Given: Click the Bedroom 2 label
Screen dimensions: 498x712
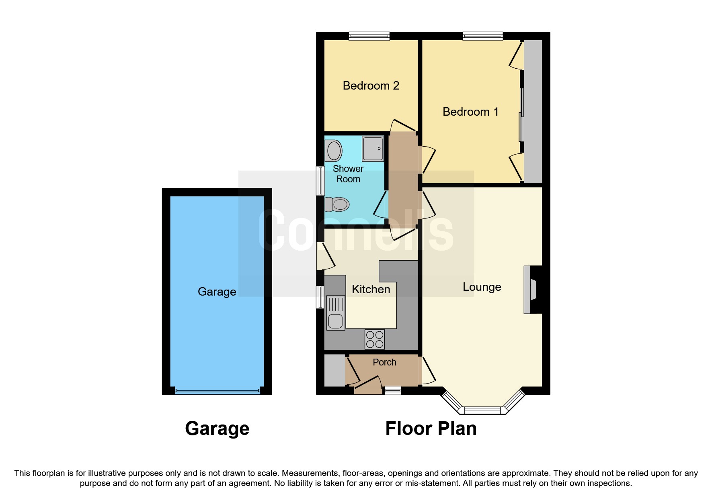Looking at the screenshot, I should coord(371,86).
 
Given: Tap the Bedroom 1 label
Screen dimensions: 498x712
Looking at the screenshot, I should coord(470,112).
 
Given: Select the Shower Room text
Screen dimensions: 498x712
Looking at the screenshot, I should coord(348,174).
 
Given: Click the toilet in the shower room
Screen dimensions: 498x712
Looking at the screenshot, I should coord(337,204).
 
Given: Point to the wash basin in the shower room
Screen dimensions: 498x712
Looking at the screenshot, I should coord(333,151).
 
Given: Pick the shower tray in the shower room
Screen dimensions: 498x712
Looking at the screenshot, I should coord(373,149).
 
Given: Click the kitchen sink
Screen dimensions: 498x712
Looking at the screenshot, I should coord(336,313).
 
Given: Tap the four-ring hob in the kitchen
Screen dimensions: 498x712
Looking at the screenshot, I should coord(375,339).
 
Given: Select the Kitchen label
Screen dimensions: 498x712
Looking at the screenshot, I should coord(371,289).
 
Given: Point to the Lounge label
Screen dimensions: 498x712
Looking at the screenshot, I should coord(482,287).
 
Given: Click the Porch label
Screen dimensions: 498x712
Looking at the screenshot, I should coord(384,362).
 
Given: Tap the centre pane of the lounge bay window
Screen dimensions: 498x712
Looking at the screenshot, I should coord(482,410).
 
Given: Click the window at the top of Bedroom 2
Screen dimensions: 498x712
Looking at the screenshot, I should coord(369,37).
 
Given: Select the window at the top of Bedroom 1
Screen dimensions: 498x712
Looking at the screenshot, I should coord(482,37).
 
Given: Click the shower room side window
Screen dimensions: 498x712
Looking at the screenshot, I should coord(320,181).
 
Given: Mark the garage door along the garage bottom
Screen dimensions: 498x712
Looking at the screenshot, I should coord(217,390).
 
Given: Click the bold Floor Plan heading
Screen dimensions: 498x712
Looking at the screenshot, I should coord(431,429).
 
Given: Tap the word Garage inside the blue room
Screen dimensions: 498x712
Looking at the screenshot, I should coord(217,292).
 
